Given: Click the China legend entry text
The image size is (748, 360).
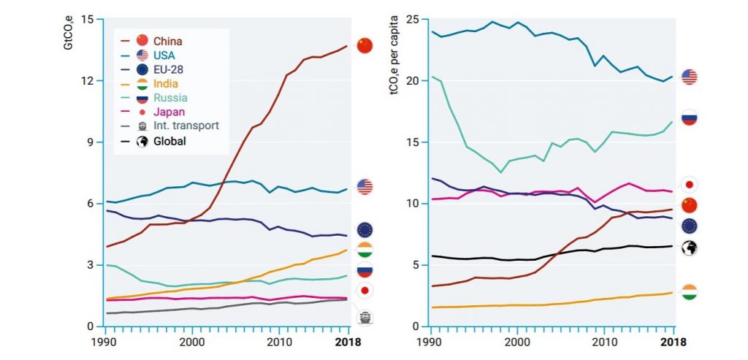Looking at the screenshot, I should (x=167, y=41).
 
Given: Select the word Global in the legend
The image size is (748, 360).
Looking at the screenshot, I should (x=169, y=141).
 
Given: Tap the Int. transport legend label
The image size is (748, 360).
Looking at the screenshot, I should (x=186, y=126).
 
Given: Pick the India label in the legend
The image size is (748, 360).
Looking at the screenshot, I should (x=166, y=83).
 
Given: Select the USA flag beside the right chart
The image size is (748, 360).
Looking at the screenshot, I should (x=689, y=77).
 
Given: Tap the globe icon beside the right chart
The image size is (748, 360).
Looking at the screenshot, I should (x=689, y=248).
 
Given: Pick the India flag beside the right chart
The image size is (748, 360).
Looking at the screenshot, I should (x=689, y=293).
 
